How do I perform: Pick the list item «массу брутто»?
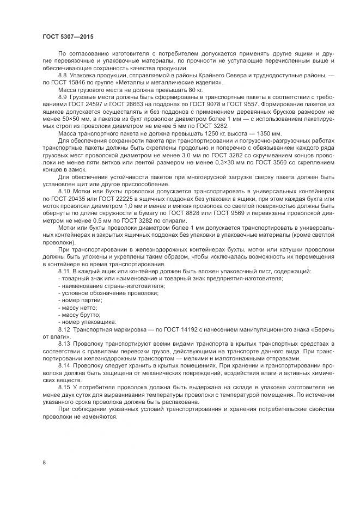(80, 315)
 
